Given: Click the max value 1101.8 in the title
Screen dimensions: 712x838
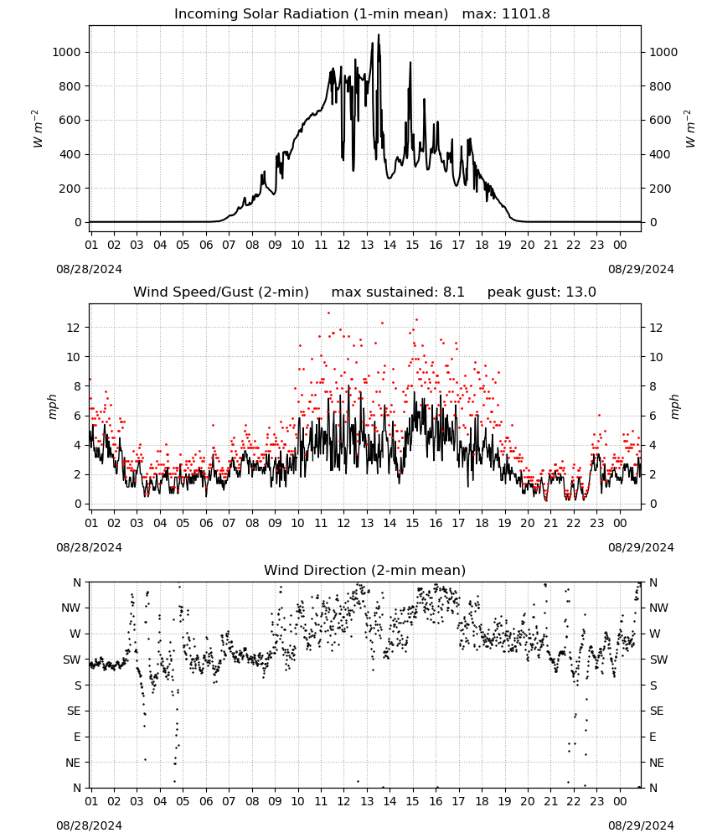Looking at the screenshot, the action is (x=526, y=13).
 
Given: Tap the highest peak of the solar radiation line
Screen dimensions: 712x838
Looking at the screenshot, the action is (x=379, y=34).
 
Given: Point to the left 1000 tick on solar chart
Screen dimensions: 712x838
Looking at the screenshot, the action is (x=66, y=52).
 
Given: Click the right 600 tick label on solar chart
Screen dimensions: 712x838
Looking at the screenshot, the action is (x=660, y=120).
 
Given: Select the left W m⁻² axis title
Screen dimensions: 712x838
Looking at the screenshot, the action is (x=37, y=129).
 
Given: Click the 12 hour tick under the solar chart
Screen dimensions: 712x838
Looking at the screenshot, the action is (x=343, y=245).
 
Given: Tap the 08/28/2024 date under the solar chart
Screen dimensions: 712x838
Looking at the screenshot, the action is (x=89, y=269).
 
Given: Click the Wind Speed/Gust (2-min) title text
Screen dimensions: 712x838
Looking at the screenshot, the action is (x=221, y=292).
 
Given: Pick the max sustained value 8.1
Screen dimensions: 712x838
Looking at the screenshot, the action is (x=453, y=292).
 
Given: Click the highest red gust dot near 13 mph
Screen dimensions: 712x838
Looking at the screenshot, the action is (x=328, y=313).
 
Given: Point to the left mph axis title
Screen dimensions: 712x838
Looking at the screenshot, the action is (x=52, y=406).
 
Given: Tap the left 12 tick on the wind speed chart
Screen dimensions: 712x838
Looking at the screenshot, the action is (x=74, y=328).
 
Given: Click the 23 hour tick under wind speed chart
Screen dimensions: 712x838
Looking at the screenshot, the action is (x=596, y=523).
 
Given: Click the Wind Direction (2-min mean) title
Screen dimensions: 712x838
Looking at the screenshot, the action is (x=365, y=570).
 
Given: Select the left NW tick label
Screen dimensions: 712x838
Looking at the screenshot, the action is (x=71, y=608).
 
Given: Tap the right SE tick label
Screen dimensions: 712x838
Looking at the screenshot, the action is (x=657, y=711).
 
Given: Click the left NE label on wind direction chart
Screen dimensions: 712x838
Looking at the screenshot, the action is (x=73, y=763).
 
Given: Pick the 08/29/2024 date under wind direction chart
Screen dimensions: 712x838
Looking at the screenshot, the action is (x=641, y=825).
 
